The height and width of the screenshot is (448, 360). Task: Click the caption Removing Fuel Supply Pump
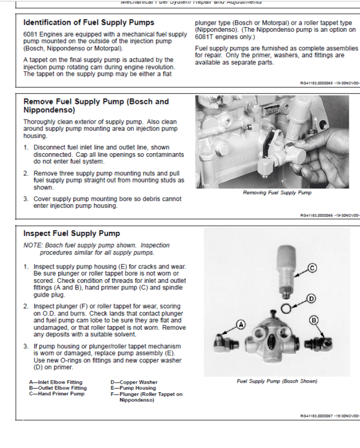point(277,193)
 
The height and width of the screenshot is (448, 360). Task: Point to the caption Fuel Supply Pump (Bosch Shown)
point(277,381)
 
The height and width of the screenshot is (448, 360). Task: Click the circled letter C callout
point(311,267)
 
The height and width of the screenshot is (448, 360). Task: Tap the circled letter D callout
point(310,298)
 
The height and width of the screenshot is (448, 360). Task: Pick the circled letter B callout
point(313,320)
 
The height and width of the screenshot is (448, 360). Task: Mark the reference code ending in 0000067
point(329,416)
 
